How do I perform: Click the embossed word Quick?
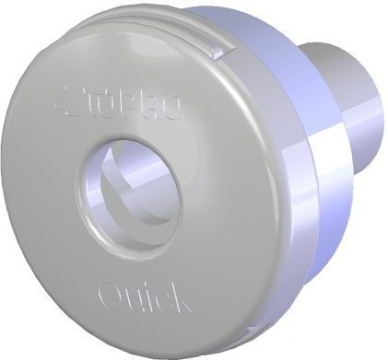click(144, 296)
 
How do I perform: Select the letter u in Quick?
click(134, 298)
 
